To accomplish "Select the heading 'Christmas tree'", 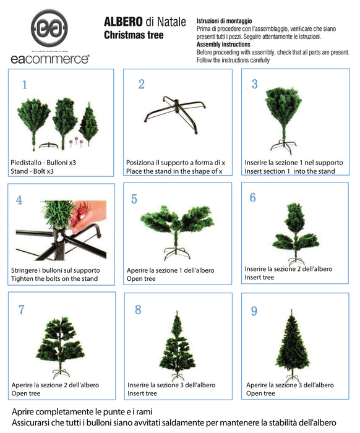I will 134,36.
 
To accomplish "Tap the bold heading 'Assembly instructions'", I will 224,45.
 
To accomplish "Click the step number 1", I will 25,85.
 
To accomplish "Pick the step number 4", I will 19,200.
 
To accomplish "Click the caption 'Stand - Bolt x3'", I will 37,171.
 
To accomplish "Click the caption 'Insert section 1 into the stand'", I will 290,171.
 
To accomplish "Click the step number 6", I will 252,197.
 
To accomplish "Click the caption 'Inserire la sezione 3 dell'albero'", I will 168,385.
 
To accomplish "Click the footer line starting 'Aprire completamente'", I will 82,411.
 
